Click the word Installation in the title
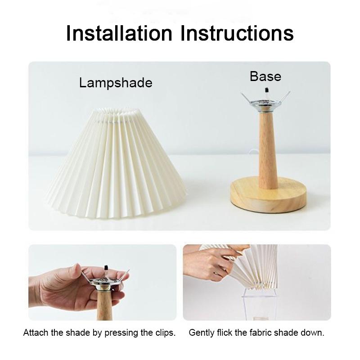119,33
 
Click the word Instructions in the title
234,33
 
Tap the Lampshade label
116,83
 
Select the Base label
265,76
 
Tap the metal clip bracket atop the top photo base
265,101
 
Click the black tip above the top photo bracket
266,89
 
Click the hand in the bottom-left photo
63,288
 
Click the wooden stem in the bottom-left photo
104,306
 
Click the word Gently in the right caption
202,333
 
